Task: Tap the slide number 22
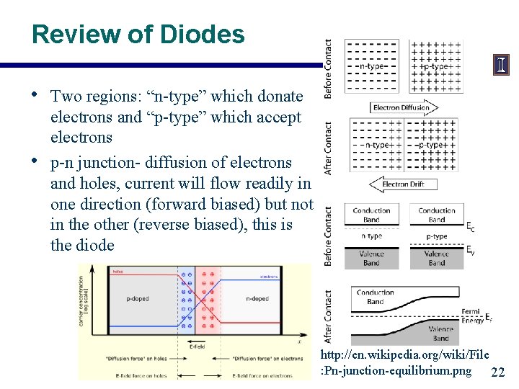(497, 372)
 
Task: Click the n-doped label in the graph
(257, 298)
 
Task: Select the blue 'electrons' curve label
(270, 276)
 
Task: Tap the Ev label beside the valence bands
(471, 251)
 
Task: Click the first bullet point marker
(36, 95)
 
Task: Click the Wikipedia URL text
(405, 362)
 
